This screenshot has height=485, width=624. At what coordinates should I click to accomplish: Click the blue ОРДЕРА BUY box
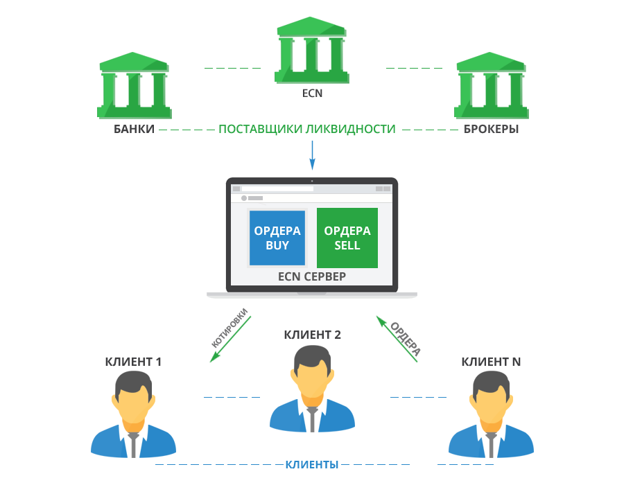click(277, 238)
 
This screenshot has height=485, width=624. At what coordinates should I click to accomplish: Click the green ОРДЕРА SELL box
click(347, 238)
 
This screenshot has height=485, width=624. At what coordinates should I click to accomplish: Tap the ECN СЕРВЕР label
click(312, 276)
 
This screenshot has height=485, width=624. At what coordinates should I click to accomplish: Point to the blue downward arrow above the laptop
click(312, 156)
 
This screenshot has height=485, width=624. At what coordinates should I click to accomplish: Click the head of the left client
click(132, 395)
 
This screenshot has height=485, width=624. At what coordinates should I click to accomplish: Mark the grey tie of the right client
click(491, 444)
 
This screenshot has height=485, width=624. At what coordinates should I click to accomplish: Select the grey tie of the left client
click(133, 444)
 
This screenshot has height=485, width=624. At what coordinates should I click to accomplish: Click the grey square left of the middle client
click(229, 328)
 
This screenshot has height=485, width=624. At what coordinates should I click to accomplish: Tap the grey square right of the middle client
click(405, 339)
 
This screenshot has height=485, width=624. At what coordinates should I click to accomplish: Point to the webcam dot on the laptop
click(312, 181)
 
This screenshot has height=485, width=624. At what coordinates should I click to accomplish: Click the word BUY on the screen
click(277, 245)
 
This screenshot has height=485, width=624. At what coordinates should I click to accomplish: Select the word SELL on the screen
click(347, 245)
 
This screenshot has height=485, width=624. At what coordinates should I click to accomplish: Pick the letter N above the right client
click(517, 361)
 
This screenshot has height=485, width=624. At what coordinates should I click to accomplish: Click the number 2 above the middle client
click(337, 335)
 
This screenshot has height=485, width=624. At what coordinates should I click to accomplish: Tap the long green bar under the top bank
click(307, 130)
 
